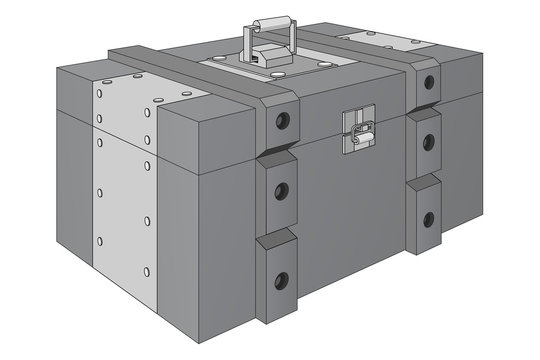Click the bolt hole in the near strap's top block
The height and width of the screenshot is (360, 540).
click(x=283, y=122)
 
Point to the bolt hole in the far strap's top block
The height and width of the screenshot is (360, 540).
click(x=429, y=82)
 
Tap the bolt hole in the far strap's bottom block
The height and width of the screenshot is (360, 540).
click(x=428, y=218)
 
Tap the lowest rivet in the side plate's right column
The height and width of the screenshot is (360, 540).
click(x=147, y=271)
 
